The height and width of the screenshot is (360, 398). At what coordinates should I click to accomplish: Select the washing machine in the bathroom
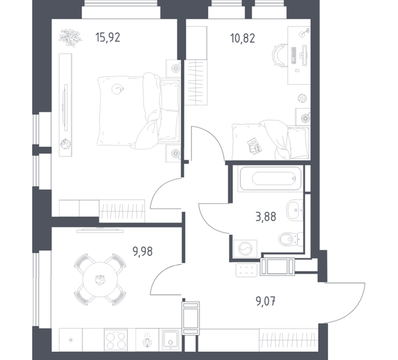tap(244, 248)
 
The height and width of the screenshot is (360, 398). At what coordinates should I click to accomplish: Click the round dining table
tap(99, 279)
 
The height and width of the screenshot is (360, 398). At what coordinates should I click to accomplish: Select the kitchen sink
tap(172, 338)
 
